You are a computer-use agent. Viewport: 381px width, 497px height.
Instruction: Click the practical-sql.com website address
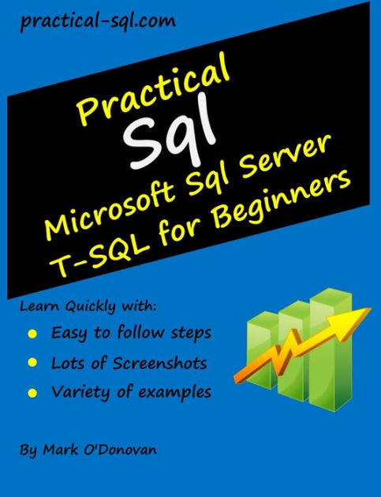(x=98, y=21)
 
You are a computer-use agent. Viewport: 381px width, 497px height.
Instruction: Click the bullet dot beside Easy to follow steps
(x=32, y=334)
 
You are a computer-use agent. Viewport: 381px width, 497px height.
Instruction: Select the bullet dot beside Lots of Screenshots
(x=32, y=363)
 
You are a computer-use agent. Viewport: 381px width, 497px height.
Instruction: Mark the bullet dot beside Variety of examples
(x=32, y=393)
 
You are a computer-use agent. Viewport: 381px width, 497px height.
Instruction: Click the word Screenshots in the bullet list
(x=160, y=363)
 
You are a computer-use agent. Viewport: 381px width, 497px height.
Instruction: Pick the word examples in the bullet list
(x=175, y=393)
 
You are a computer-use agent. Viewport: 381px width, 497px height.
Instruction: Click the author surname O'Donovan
(x=120, y=450)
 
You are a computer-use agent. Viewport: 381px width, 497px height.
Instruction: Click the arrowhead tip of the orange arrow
(x=371, y=308)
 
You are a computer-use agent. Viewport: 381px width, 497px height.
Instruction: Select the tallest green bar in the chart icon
(x=331, y=349)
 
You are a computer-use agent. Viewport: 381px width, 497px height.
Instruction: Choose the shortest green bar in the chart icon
(x=263, y=349)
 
